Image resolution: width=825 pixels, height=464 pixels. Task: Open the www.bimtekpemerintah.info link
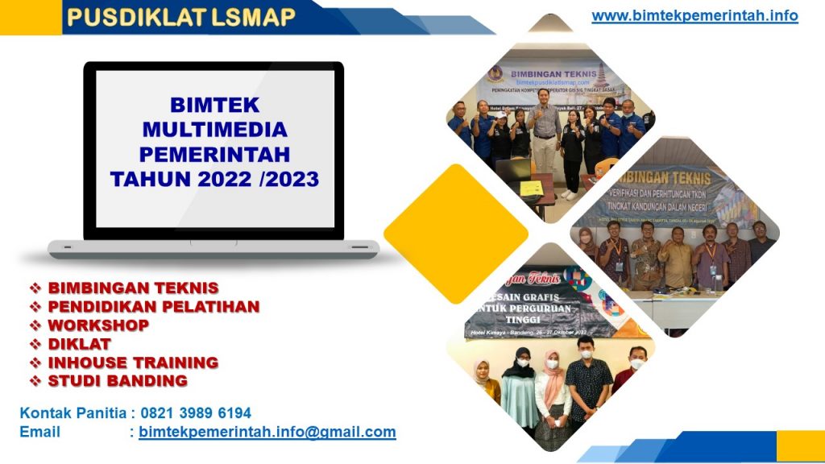[694, 15]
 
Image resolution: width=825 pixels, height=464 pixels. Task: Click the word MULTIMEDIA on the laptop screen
[214, 129]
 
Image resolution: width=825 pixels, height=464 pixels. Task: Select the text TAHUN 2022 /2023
[214, 178]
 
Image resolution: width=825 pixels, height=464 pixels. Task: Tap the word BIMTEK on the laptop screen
[214, 105]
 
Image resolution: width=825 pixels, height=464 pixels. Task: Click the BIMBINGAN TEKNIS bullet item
[133, 288]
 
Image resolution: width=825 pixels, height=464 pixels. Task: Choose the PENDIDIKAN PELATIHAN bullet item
[153, 306]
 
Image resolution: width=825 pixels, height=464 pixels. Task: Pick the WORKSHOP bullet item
[98, 325]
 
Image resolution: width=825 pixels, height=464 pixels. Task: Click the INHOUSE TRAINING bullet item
[133, 362]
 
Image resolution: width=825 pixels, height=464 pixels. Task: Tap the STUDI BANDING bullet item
[118, 381]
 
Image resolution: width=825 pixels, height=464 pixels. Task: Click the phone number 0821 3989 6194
[196, 413]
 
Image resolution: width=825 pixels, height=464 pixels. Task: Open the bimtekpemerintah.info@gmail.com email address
[267, 432]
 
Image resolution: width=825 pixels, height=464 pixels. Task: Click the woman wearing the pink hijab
[553, 387]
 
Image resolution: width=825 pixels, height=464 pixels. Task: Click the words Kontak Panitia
[73, 413]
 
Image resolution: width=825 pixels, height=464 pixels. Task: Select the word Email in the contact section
[39, 432]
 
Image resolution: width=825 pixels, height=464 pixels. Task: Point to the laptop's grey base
[214, 249]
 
